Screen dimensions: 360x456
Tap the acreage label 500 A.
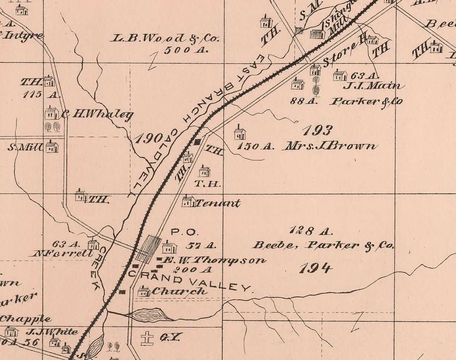tap(186, 50)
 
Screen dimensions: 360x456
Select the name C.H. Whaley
tap(97, 114)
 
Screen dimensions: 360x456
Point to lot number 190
tap(149, 139)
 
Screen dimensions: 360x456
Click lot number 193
tap(317, 130)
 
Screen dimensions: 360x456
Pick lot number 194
tap(316, 268)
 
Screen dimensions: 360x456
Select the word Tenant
tap(217, 203)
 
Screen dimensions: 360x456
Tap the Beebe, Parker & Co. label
tap(323, 245)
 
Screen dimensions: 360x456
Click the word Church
tap(179, 291)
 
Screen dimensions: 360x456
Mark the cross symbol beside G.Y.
tap(147, 338)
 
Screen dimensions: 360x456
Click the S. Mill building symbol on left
tap(52, 147)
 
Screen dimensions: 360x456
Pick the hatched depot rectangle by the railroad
tap(148, 248)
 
